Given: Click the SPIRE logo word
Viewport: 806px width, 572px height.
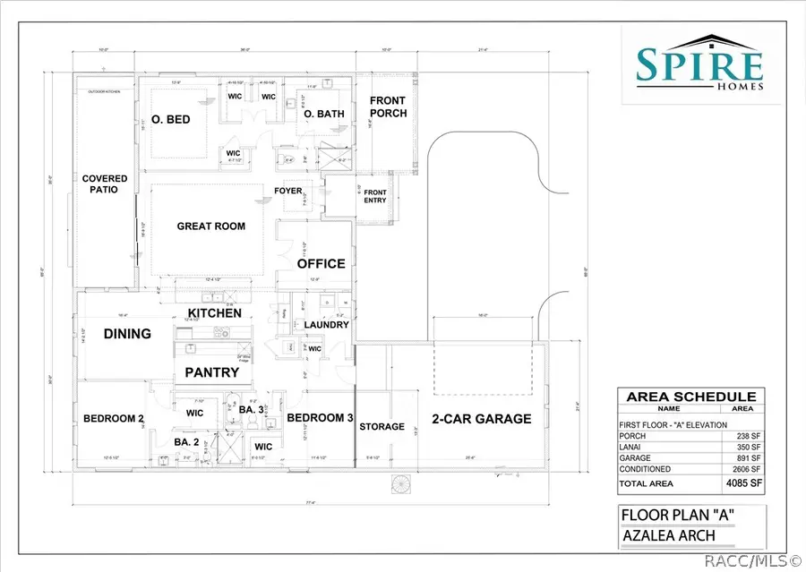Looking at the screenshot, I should point(699,64).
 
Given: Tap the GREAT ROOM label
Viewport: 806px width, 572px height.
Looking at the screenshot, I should point(211,226).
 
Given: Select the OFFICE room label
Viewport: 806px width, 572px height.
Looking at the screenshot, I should point(322,263).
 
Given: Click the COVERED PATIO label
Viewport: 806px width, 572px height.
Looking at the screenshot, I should point(106,184).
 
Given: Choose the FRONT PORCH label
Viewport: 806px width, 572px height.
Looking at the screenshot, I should point(388,107).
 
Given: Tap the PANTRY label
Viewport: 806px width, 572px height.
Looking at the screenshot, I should point(211,372).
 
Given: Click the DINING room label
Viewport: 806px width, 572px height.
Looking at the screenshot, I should point(126,333).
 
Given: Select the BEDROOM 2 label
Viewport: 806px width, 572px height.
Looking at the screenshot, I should point(114,418).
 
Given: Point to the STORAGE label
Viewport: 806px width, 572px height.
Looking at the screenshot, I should point(382,426).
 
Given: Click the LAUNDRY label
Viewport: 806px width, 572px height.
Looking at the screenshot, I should point(326,325).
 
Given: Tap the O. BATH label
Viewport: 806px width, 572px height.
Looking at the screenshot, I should point(320,115).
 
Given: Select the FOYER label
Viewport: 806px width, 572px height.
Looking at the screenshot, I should point(287,191).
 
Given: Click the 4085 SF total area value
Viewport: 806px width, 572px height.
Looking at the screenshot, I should point(742,482).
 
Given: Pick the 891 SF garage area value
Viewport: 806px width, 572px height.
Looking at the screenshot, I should point(747,457).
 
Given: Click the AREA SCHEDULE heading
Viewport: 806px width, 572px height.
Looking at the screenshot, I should point(690,397).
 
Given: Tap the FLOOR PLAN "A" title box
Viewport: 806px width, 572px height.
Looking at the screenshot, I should point(679,515).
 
